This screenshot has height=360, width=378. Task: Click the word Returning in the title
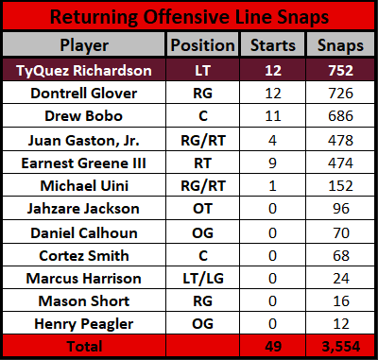[x=94, y=17]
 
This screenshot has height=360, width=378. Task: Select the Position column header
[x=203, y=45]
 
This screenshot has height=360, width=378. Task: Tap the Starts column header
[x=273, y=45]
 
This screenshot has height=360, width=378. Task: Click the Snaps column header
[x=340, y=46]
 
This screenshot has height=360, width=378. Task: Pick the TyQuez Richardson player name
[x=84, y=71]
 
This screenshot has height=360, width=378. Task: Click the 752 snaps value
[x=341, y=70]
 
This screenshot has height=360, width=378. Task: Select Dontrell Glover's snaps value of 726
[x=341, y=94]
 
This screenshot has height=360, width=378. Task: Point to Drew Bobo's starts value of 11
[x=273, y=116]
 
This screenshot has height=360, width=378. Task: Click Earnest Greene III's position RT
[x=203, y=163]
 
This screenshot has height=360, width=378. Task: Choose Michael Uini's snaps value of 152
[x=341, y=186]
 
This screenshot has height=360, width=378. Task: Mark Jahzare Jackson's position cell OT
[x=203, y=209]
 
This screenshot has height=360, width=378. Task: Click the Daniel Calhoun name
[x=84, y=233]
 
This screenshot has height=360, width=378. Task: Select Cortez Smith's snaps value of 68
[x=341, y=256]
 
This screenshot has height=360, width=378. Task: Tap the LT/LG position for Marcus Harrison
[x=203, y=279]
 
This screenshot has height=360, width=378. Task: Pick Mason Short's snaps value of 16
[x=341, y=301]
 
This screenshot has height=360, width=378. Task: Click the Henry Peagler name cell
[x=84, y=324]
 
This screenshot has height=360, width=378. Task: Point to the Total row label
[x=84, y=347]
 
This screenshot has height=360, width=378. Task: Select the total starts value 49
[x=273, y=347]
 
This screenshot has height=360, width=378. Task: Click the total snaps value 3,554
[x=341, y=347]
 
